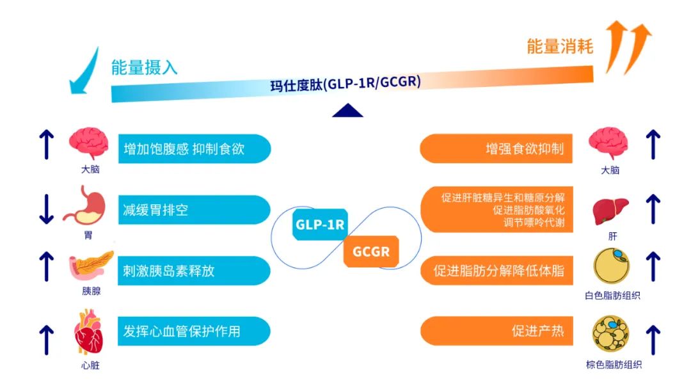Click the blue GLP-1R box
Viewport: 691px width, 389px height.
320,224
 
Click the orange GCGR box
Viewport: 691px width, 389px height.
371,251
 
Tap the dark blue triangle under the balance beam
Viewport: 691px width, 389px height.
347,111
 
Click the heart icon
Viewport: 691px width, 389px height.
89,332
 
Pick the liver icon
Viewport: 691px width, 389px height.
610,211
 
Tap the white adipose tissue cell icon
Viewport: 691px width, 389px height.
612,266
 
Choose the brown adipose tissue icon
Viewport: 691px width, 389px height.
611,333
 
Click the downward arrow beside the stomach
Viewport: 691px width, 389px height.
46,209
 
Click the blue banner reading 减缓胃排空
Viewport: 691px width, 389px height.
195,210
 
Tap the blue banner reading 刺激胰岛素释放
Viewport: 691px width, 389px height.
195,271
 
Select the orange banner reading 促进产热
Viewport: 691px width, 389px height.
496,331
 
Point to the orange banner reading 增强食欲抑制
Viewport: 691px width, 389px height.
496,148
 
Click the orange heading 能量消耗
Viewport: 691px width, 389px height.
560,46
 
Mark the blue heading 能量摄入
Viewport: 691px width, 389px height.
144,67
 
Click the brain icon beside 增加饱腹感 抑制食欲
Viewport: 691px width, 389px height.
88,143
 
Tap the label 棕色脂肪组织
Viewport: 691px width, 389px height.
614,365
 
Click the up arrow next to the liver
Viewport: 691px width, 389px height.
653,209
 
